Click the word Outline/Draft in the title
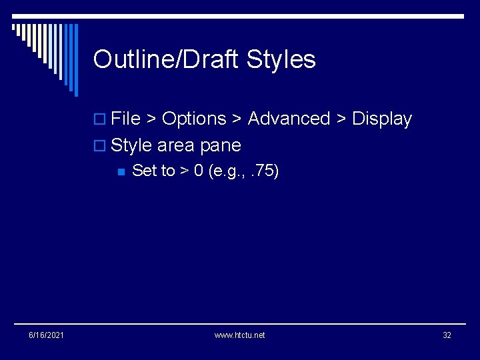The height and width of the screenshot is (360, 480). click(167, 60)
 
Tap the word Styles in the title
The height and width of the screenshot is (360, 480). click(281, 60)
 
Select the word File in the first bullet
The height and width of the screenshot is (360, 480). click(126, 119)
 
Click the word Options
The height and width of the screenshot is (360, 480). click(194, 119)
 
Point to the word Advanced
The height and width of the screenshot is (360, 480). click(289, 119)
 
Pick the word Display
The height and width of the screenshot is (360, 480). click(382, 119)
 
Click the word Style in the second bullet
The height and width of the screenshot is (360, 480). click(131, 145)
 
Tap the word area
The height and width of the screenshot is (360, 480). click(175, 145)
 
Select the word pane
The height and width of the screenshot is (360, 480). click(221, 145)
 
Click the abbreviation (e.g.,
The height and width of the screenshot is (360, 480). click(227, 171)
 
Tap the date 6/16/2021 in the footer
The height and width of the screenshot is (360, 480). click(46, 335)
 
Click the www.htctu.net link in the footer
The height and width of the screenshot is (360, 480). click(239, 335)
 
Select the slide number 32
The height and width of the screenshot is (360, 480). click(447, 335)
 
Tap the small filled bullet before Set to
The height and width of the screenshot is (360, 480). click(120, 171)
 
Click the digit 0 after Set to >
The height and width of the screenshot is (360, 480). click(199, 171)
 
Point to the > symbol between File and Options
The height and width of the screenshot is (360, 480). click(151, 119)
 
